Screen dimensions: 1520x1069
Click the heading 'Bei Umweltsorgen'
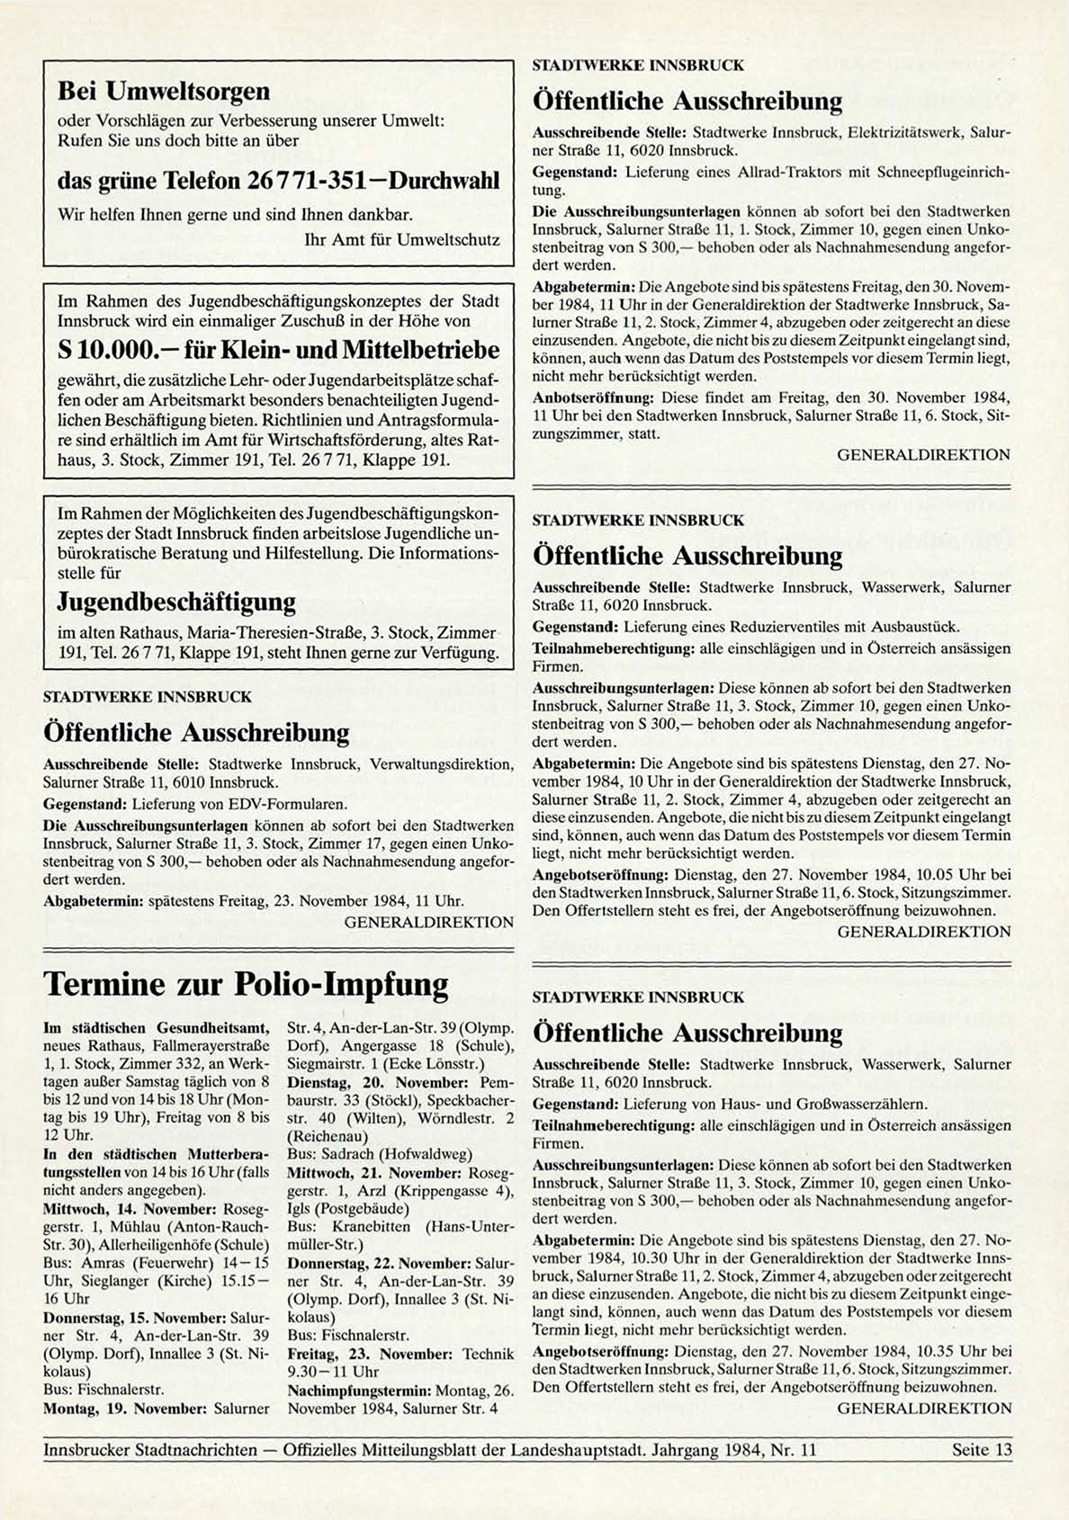[163, 92]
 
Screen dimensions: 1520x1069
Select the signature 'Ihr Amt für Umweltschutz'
[402, 240]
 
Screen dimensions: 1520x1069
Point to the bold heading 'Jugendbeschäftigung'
[176, 601]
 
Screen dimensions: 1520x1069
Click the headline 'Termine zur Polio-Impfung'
[246, 985]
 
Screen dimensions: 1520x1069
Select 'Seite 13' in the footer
[982, 1449]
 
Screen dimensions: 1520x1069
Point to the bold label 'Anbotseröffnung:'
[594, 397]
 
